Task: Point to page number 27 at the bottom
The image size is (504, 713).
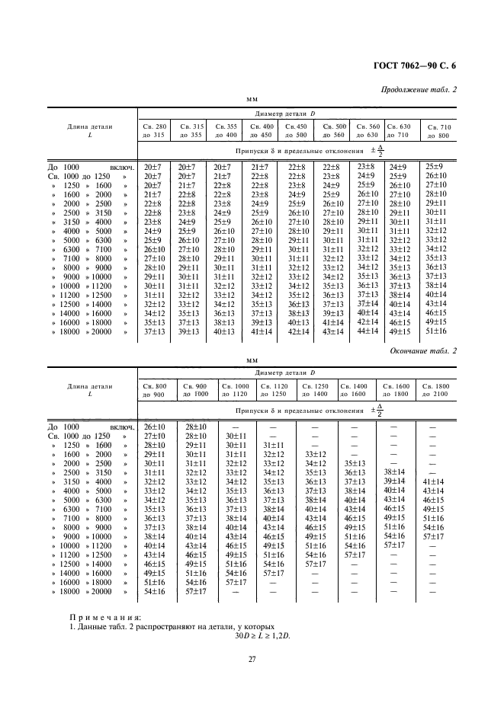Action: (252, 659)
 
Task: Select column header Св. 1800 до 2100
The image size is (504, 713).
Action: (438, 391)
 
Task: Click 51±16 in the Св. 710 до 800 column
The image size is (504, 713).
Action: (435, 330)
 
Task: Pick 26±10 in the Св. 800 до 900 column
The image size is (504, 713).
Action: (155, 427)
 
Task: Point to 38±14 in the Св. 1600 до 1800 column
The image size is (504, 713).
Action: (393, 472)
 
